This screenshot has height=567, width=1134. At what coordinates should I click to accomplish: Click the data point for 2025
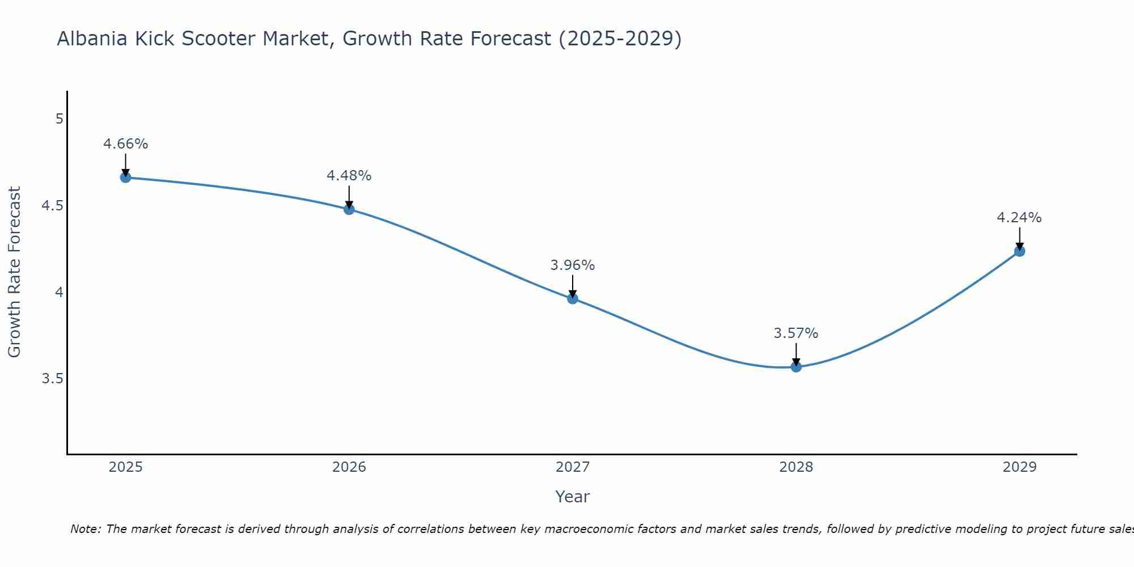click(125, 177)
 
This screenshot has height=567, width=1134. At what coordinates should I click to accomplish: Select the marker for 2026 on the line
click(349, 209)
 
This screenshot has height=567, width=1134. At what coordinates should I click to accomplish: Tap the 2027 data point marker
click(573, 299)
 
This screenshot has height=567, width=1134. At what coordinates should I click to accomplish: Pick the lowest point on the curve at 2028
click(796, 367)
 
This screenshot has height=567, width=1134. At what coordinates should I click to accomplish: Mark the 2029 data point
click(1019, 251)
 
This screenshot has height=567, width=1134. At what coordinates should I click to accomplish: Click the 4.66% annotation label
click(125, 144)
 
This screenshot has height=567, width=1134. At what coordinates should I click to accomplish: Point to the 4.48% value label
click(349, 176)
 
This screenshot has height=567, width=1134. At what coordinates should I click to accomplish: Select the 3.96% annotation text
click(573, 265)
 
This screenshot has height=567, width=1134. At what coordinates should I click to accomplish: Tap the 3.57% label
click(796, 333)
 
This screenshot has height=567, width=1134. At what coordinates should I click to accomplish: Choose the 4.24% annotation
click(1019, 218)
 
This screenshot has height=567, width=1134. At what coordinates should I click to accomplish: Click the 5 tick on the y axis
click(59, 119)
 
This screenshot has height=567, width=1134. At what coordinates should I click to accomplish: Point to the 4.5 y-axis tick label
click(52, 206)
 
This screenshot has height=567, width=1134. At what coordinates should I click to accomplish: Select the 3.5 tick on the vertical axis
click(52, 379)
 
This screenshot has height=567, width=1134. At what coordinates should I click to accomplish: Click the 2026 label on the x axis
click(349, 467)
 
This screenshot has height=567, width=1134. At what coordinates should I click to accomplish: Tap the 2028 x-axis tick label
click(796, 467)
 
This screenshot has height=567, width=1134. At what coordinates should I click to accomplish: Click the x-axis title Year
click(573, 497)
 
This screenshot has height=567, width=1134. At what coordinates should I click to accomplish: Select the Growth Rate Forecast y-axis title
click(14, 272)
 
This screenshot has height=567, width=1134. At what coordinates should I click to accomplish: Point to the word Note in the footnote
click(85, 529)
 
